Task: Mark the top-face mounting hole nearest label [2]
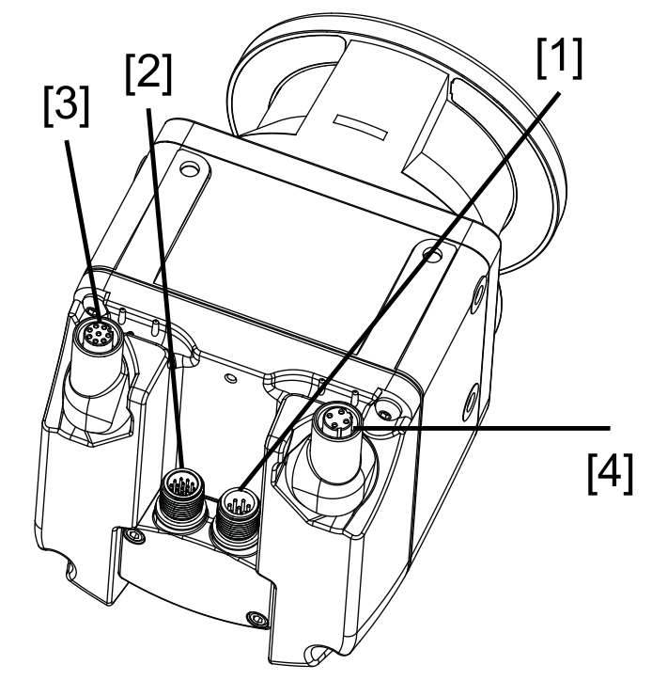pyautogui.click(x=192, y=170)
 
